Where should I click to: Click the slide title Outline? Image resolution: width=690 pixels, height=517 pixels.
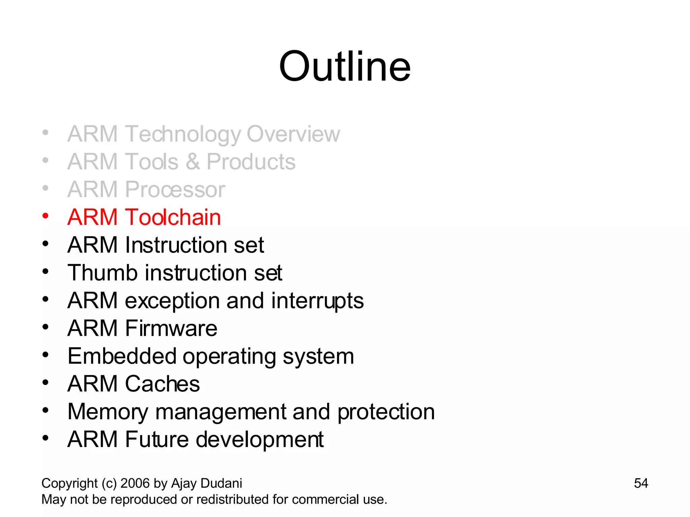(345, 66)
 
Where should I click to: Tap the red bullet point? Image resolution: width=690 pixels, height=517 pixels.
(45, 216)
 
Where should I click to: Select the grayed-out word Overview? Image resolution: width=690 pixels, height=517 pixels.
(293, 134)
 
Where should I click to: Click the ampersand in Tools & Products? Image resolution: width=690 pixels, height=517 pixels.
(192, 162)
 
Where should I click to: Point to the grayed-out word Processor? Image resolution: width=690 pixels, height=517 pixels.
(175, 189)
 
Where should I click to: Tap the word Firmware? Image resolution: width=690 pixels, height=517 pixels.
(171, 328)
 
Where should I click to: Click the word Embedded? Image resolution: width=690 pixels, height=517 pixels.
(122, 356)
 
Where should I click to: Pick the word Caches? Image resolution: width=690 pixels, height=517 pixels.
(162, 384)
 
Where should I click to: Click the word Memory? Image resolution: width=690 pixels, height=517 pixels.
(107, 412)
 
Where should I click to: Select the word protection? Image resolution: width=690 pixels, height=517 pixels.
(386, 412)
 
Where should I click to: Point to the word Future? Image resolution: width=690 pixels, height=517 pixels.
(157, 439)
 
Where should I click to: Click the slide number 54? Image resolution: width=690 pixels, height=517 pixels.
(641, 483)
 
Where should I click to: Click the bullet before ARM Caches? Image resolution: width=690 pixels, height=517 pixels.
(45, 383)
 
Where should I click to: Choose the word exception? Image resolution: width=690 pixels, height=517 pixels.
(172, 301)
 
